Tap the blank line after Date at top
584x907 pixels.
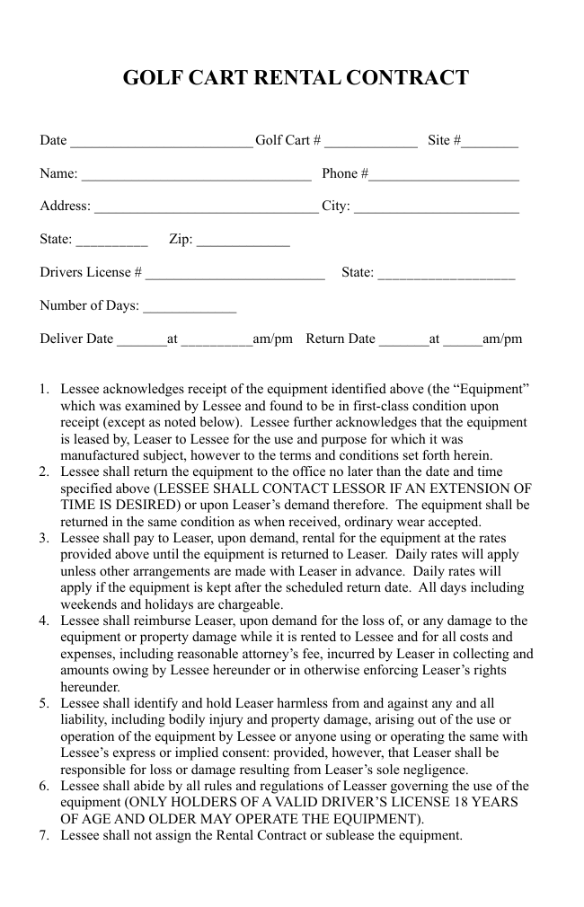pyautogui.click(x=162, y=141)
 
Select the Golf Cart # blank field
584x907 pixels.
pyautogui.click(x=371, y=141)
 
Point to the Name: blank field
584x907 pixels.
pyautogui.click(x=196, y=174)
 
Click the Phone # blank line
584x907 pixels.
pyautogui.click(x=444, y=174)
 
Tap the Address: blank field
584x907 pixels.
pyautogui.click(x=206, y=207)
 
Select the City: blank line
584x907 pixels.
pyautogui.click(x=437, y=207)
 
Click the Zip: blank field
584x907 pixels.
pyautogui.click(x=243, y=241)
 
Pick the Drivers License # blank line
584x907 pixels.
pyautogui.click(x=234, y=274)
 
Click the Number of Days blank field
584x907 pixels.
pyautogui.click(x=190, y=307)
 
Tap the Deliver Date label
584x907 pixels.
pyautogui.click(x=76, y=339)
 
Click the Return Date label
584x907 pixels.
pyautogui.click(x=341, y=339)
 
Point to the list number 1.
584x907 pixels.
pyautogui.click(x=44, y=389)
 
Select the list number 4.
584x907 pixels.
pyautogui.click(x=44, y=621)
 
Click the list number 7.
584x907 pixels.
pyautogui.click(x=44, y=836)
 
